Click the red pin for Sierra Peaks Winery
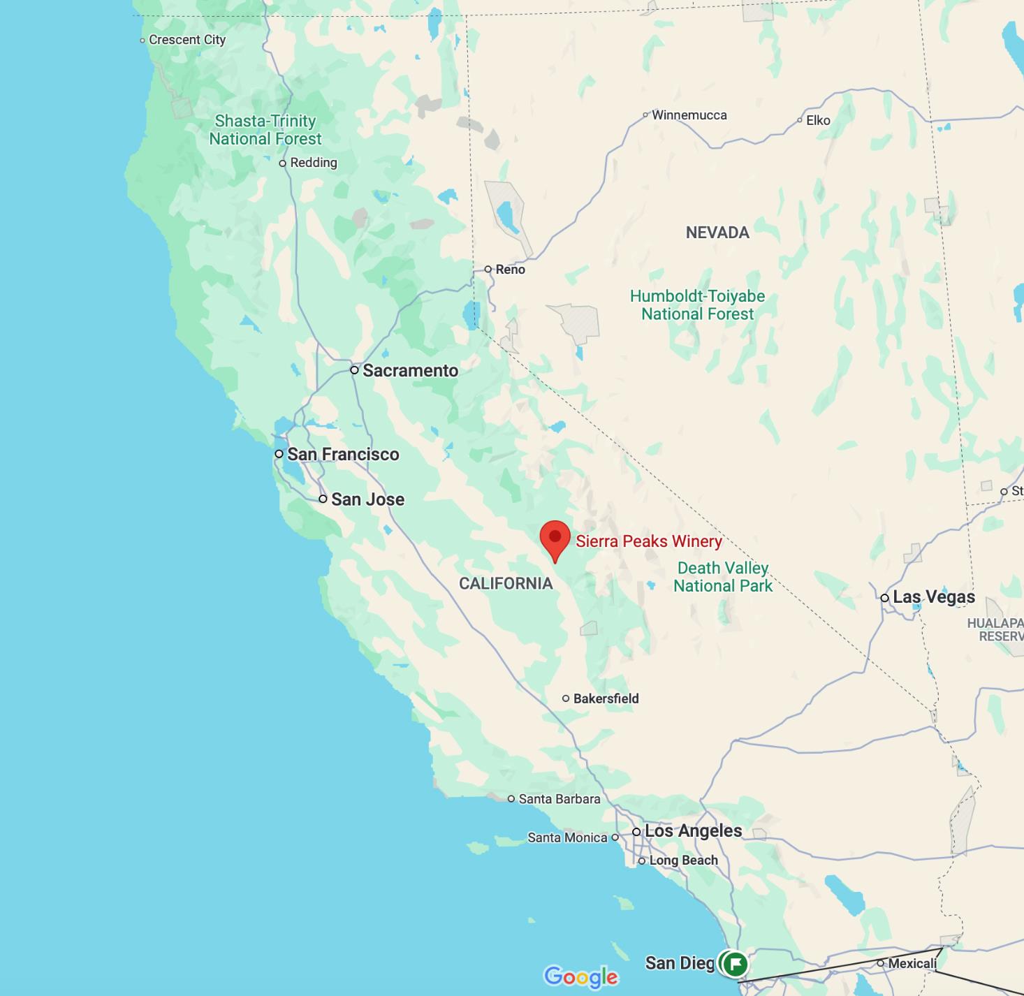click(555, 539)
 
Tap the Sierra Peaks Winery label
click(648, 541)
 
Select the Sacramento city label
click(410, 371)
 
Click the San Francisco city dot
click(279, 454)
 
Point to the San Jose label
click(367, 499)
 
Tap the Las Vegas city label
click(933, 597)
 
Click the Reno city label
click(510, 270)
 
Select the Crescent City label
click(187, 40)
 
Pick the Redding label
click(313, 163)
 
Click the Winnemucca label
click(689, 115)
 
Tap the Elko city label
click(818, 120)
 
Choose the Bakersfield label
click(606, 698)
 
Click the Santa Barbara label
click(559, 799)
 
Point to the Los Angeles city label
click(693, 831)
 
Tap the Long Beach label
click(683, 860)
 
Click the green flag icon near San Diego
click(735, 964)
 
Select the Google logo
click(581, 976)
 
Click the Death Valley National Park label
click(723, 577)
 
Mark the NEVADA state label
click(717, 233)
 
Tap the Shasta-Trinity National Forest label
click(265, 130)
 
